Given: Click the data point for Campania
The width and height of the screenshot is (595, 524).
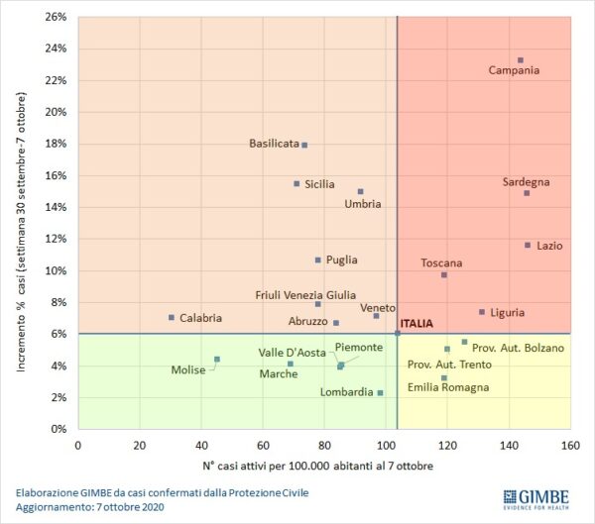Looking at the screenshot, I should pyautogui.click(x=520, y=60).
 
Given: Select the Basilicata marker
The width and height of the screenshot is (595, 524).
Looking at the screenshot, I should pyautogui.click(x=304, y=145).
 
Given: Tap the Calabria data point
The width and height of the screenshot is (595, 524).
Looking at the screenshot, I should pyautogui.click(x=172, y=317).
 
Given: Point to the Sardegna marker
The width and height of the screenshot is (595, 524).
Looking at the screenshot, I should pyautogui.click(x=527, y=193).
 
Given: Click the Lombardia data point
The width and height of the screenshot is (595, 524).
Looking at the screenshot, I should pyautogui.click(x=380, y=392).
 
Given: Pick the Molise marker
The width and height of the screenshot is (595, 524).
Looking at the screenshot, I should pyautogui.click(x=217, y=359).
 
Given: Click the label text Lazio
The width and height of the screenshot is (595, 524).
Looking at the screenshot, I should pyautogui.click(x=550, y=246).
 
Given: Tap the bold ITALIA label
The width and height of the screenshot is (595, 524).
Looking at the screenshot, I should pyautogui.click(x=416, y=323).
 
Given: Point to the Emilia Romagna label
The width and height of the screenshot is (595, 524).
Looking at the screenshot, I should pyautogui.click(x=448, y=387).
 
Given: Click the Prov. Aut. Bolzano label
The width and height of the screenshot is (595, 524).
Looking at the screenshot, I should pyautogui.click(x=518, y=348).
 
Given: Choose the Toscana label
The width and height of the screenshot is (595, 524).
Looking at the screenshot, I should pyautogui.click(x=441, y=262).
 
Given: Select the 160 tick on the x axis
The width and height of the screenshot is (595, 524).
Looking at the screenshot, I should pyautogui.click(x=570, y=445).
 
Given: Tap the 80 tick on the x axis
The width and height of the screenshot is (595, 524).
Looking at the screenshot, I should pyautogui.click(x=324, y=445).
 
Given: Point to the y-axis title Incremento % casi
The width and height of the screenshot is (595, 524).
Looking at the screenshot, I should pyautogui.click(x=21, y=233).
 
